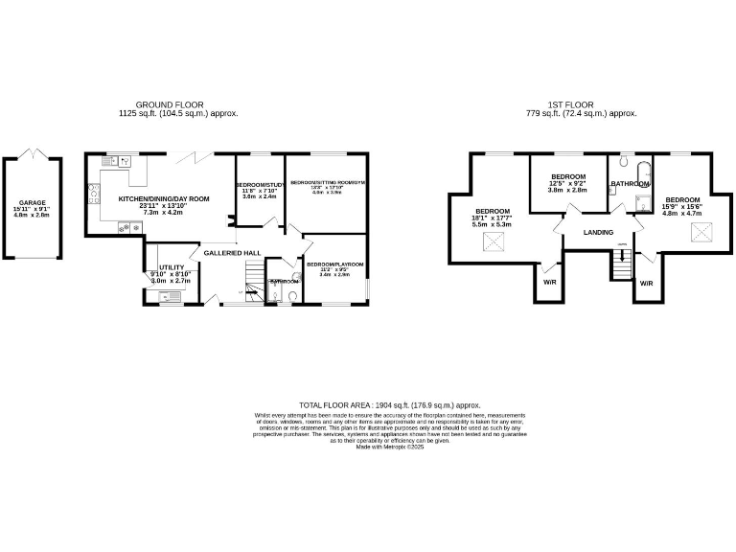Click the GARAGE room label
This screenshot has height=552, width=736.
point(31,202)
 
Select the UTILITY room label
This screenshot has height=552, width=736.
point(171,268)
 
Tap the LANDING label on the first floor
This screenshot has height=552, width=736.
point(599,232)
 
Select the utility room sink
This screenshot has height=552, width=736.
point(169,296)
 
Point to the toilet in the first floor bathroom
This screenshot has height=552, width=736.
point(624,163)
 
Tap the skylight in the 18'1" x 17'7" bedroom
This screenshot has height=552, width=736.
point(494,241)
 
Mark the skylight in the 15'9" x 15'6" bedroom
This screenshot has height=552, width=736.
point(701,231)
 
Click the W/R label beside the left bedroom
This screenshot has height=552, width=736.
point(549,283)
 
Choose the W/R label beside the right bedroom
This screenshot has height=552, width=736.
point(646,284)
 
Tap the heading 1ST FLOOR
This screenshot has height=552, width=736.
point(574,104)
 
